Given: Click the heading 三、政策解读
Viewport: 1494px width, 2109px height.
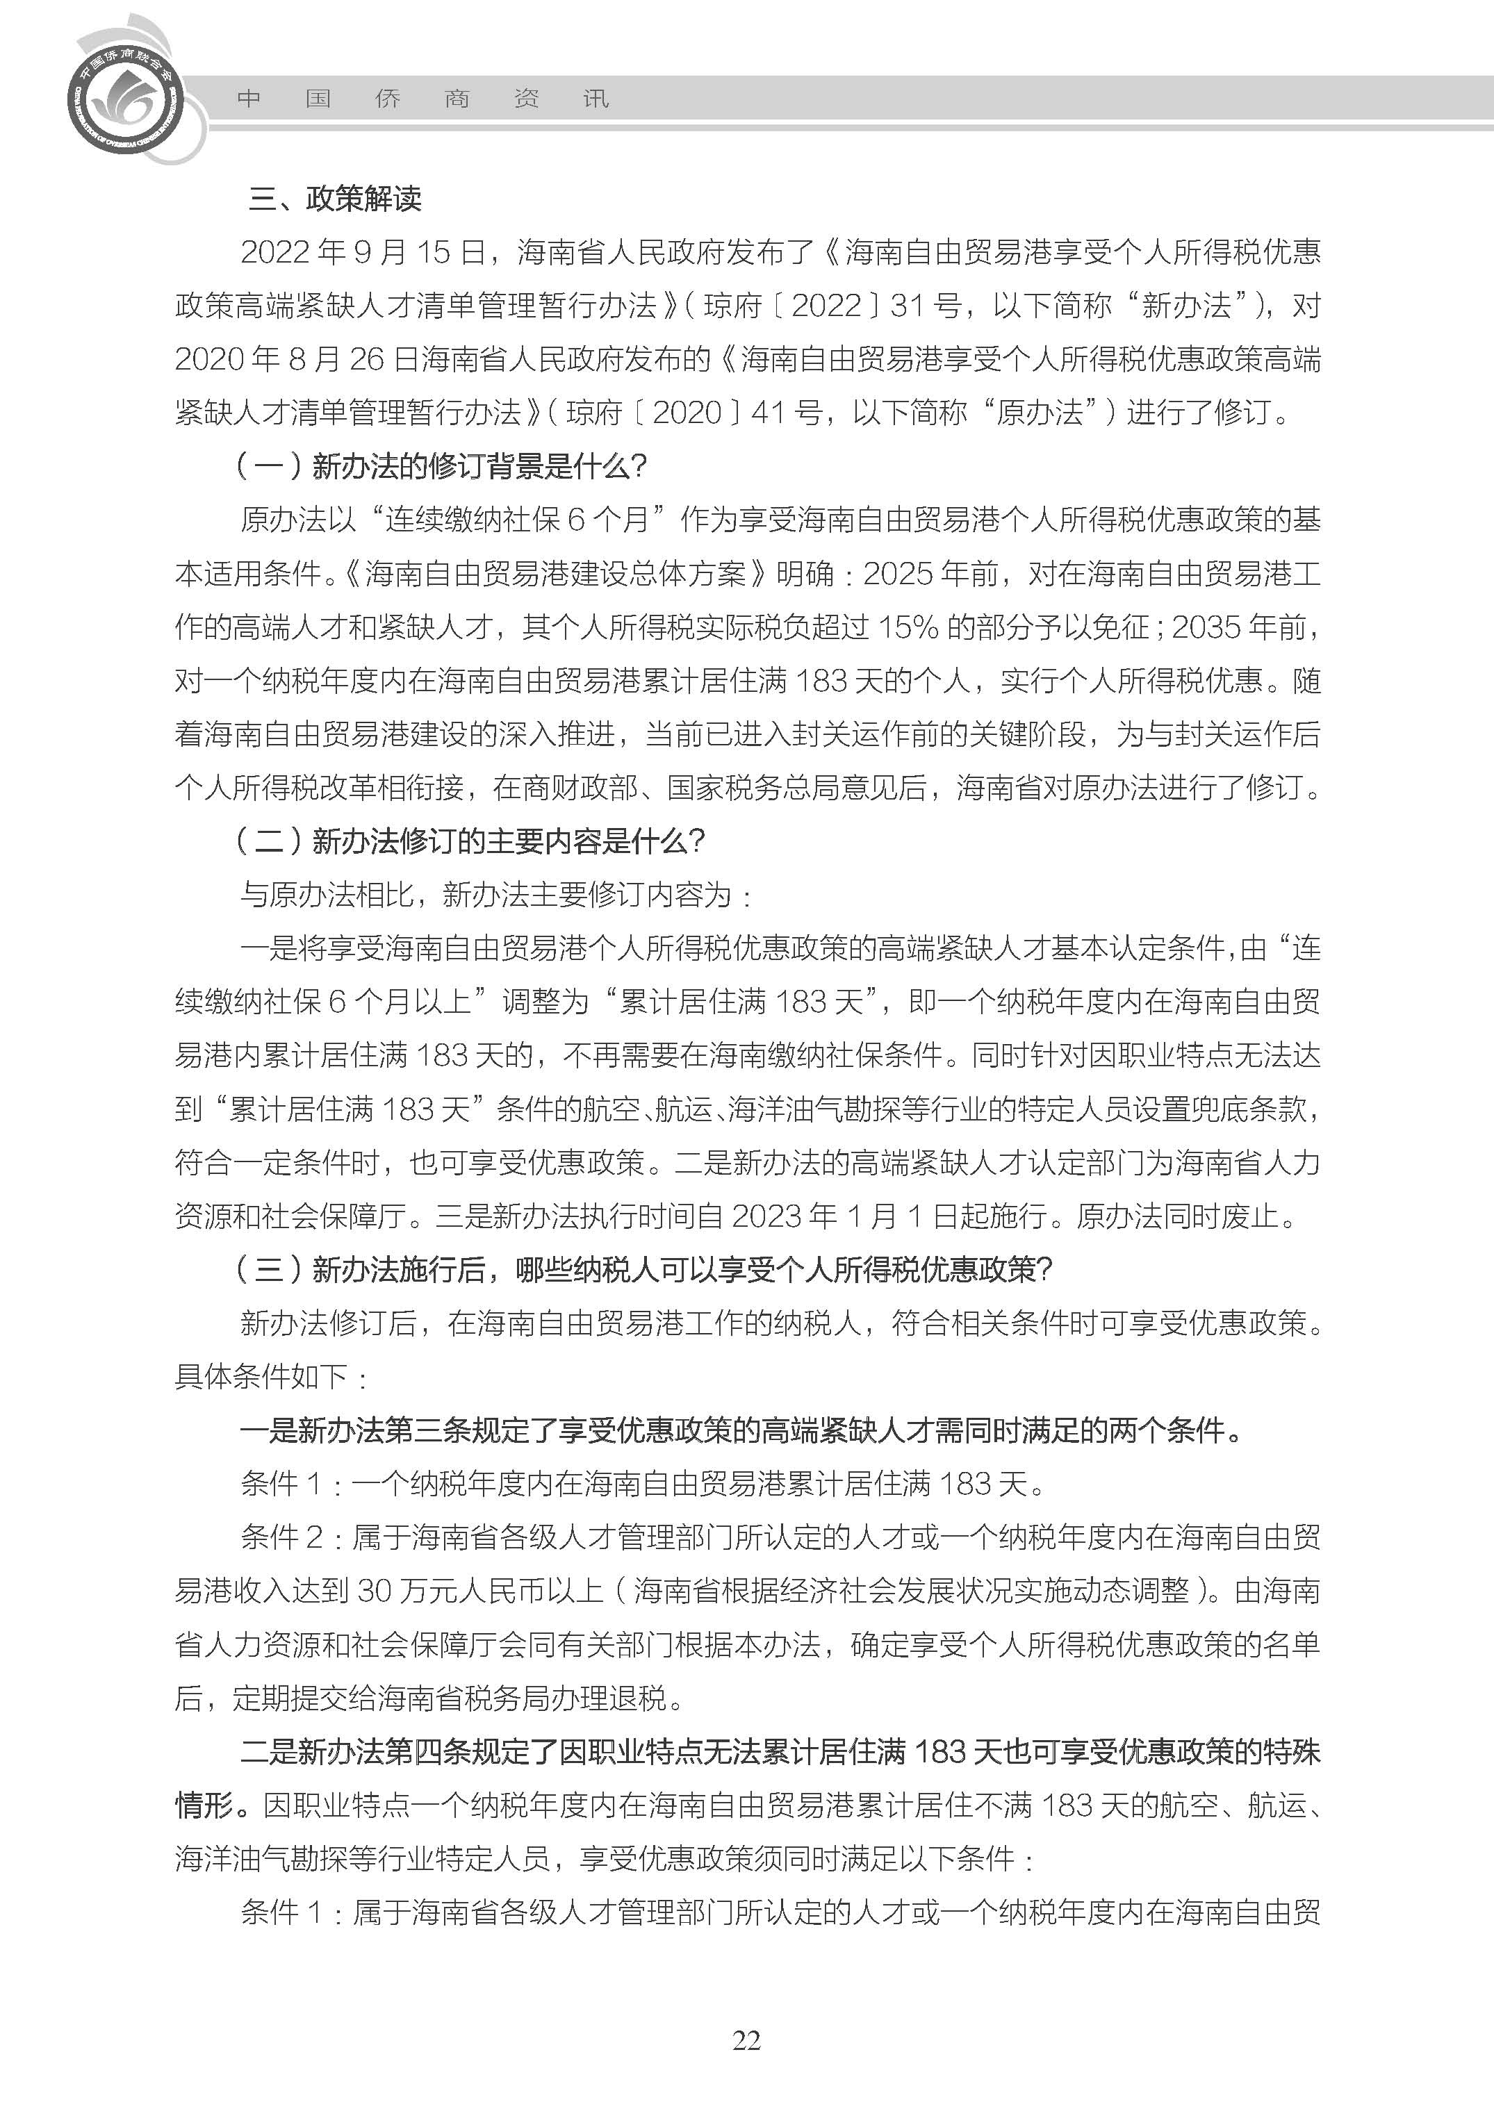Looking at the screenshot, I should click(335, 199).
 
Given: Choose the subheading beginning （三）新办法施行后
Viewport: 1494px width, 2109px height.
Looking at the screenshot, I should click(644, 1269).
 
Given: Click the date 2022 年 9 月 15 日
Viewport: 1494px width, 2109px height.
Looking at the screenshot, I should click(363, 252).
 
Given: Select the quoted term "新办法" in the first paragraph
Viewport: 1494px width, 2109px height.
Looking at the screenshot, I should click(1187, 306).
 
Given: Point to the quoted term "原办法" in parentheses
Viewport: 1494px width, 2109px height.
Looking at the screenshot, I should click(1040, 413).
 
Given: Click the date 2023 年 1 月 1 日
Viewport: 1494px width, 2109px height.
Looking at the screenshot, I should click(846, 1216).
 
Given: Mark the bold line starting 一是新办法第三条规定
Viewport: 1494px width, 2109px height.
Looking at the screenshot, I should click(741, 1430).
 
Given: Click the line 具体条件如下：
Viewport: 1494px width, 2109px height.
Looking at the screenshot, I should click(272, 1377).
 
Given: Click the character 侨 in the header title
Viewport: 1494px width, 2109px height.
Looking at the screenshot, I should click(387, 99).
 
